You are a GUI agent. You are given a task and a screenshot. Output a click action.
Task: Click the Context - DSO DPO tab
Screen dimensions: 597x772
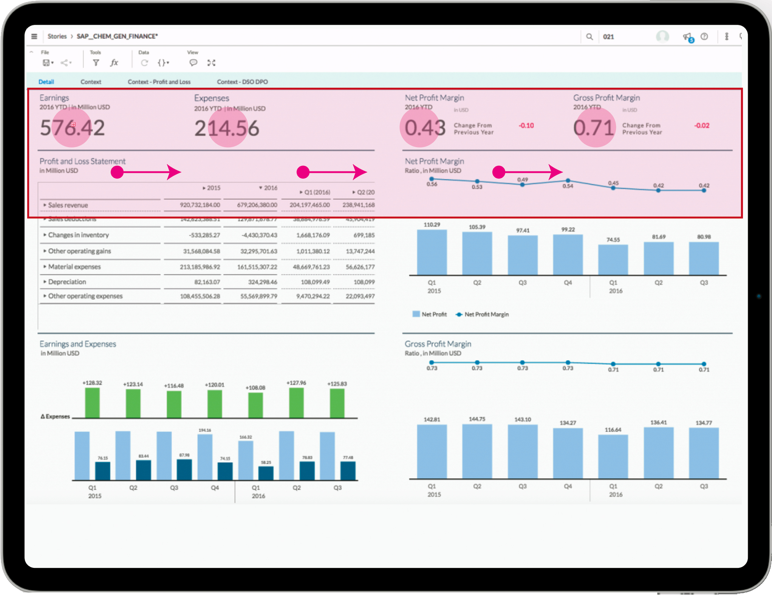[x=242, y=82]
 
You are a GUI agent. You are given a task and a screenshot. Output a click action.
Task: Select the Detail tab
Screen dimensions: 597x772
[x=46, y=82]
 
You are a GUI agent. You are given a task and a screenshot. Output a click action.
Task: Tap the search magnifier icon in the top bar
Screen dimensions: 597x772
[x=589, y=37]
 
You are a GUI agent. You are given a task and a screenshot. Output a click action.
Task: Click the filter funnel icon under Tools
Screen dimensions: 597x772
[x=96, y=63]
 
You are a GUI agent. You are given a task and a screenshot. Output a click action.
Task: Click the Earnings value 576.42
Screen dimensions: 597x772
[x=72, y=128]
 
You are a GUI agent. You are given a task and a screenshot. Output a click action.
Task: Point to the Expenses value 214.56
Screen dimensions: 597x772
[x=227, y=128]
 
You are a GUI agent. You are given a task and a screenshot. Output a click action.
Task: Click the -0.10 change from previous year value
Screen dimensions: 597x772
[x=526, y=126]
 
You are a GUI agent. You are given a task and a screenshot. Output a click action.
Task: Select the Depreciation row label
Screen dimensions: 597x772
[x=67, y=282]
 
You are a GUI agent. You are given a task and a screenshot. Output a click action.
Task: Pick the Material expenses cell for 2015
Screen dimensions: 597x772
[x=200, y=267]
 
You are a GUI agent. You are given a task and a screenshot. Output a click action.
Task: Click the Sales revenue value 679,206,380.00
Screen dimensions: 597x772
[x=257, y=205]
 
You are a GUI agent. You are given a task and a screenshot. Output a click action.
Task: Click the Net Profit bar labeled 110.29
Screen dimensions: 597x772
[x=432, y=252]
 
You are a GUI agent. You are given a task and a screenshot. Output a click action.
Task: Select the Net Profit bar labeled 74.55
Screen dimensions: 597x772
[x=613, y=260]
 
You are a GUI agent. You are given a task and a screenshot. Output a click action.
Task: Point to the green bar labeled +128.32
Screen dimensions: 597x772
[x=92, y=403]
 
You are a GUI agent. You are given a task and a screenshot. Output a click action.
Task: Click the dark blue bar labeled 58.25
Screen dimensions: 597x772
[x=266, y=473]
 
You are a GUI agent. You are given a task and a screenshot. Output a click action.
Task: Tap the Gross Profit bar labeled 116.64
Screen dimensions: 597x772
[x=613, y=457]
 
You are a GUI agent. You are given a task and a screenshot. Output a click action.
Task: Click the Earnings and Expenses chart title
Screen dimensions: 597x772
[x=78, y=344]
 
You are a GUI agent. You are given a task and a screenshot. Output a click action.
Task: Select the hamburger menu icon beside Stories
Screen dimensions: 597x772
[x=34, y=36]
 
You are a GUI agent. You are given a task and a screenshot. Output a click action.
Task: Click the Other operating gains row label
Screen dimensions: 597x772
[x=79, y=251]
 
